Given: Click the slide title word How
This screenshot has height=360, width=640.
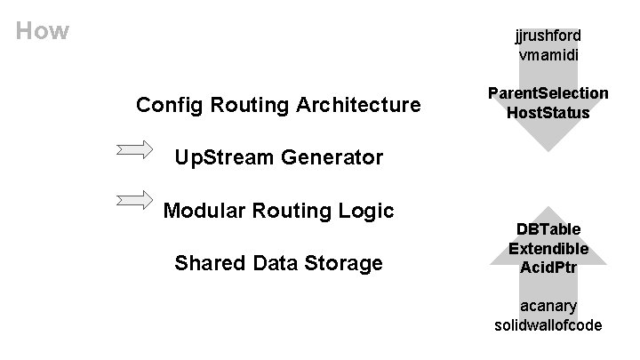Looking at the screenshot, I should click(x=43, y=32).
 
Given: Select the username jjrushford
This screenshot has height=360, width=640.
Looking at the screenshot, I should click(x=548, y=36).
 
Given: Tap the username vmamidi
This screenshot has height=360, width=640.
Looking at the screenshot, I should click(x=548, y=55).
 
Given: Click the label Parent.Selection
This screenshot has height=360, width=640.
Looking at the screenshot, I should click(x=548, y=93).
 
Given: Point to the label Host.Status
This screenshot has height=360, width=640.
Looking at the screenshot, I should click(x=548, y=113).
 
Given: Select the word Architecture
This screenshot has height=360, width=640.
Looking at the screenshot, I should click(x=359, y=106).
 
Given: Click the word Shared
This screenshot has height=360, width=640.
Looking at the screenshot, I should click(x=210, y=263).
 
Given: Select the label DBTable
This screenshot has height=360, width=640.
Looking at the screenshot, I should click(x=548, y=229).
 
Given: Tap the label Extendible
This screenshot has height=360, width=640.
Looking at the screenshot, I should click(x=548, y=249).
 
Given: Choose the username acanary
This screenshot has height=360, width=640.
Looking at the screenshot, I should click(x=548, y=306).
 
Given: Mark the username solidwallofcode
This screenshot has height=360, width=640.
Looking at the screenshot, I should click(x=548, y=325).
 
